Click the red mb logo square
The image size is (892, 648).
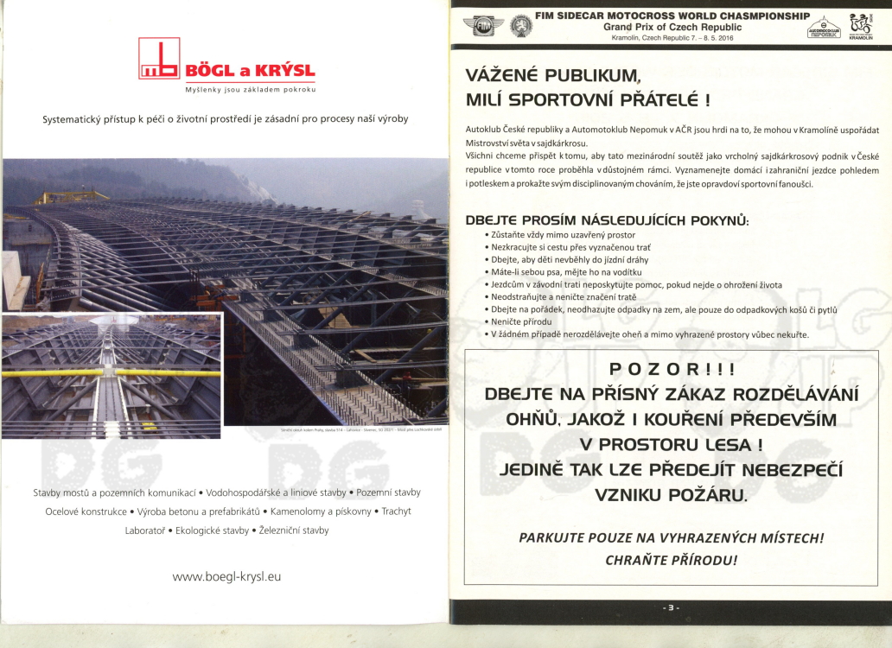159,59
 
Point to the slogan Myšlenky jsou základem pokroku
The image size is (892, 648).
251,91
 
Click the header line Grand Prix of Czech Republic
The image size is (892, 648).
672,27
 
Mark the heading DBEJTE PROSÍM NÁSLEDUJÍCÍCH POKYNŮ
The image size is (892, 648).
607,220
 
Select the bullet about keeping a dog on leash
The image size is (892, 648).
558,272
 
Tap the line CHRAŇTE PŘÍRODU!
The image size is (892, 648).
671,560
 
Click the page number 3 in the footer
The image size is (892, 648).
671,608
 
